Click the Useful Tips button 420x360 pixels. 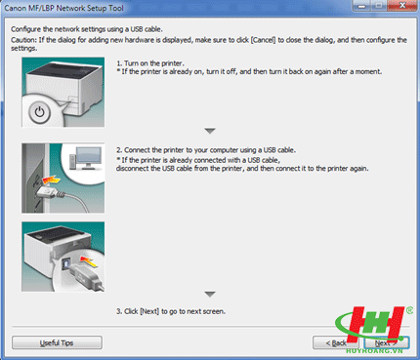[x=57, y=342]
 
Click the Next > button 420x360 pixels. [x=386, y=342]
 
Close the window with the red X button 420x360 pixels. [x=402, y=6]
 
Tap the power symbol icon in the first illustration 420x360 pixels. [x=39, y=112]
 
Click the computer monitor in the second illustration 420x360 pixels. [x=89, y=158]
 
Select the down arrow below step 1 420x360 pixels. [x=210, y=131]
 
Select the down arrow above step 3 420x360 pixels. [x=210, y=294]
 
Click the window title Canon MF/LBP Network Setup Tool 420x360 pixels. [x=63, y=8]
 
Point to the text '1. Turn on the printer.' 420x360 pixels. [x=150, y=63]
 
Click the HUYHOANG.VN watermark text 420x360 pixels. [x=374, y=351]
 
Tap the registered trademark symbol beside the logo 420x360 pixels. [x=409, y=310]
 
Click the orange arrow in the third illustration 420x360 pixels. [x=88, y=261]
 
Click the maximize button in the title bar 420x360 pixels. [x=379, y=6]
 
